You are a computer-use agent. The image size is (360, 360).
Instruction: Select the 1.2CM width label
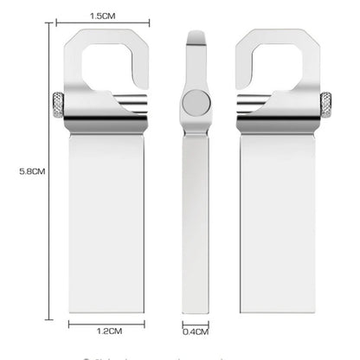point(108,330)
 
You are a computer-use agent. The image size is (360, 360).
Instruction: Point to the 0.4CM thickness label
point(196,330)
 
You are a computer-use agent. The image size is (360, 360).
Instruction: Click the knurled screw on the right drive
point(327,105)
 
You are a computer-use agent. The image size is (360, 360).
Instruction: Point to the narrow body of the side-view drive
point(195,216)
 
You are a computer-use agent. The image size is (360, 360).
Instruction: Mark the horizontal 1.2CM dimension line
point(107,321)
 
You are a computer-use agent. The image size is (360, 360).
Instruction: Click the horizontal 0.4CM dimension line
point(196,321)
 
